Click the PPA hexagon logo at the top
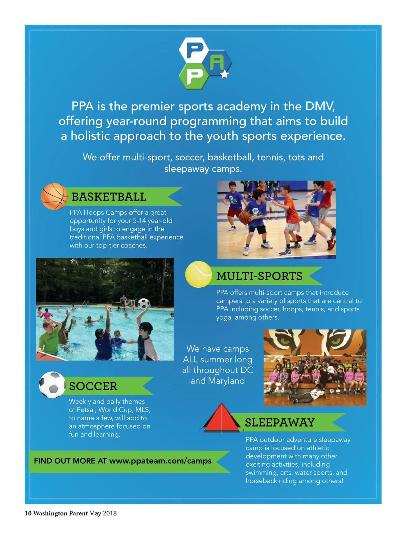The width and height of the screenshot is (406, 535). coord(205,63)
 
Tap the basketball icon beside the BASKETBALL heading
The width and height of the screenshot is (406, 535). coord(54,196)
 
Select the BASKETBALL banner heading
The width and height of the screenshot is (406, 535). coord(109,197)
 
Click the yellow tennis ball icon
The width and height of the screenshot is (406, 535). coord(198,274)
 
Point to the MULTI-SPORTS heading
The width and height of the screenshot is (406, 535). coord(259,276)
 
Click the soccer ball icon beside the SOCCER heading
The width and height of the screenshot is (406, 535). coord(52,385)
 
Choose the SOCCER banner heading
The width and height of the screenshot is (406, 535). coord(93,386)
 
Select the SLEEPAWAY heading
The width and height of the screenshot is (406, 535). coord(280,422)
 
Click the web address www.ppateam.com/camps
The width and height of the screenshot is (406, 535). coord(160,461)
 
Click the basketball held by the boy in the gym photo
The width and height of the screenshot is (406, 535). coord(245,217)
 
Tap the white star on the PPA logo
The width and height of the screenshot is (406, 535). coord(225,74)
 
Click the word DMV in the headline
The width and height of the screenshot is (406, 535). coord(320,106)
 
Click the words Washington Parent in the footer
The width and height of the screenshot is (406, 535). coord(60,513)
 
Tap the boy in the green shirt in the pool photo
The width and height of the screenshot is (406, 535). coord(49,338)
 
